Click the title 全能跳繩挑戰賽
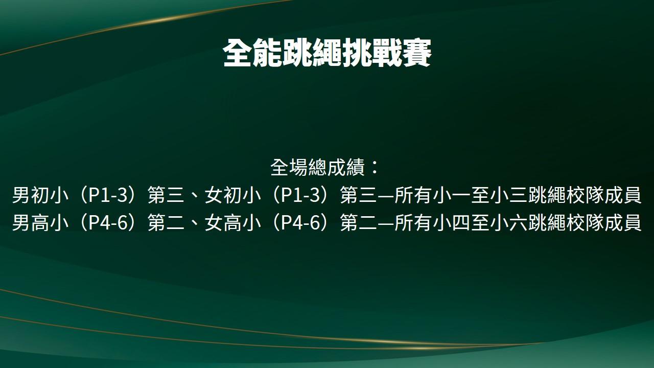[327, 54]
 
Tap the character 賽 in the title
[417, 54]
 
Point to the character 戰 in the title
[387, 54]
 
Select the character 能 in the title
[267, 54]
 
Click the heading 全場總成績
[318, 167]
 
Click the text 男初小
[40, 195]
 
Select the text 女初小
[232, 195]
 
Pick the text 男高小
[40, 222]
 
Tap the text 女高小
[232, 222]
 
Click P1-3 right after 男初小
[108, 195]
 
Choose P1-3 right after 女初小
[301, 195]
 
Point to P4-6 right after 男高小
[108, 223]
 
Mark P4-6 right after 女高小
[301, 223]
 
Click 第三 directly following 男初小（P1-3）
[166, 195]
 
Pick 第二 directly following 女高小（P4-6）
[359, 222]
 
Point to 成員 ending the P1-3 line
[623, 195]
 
